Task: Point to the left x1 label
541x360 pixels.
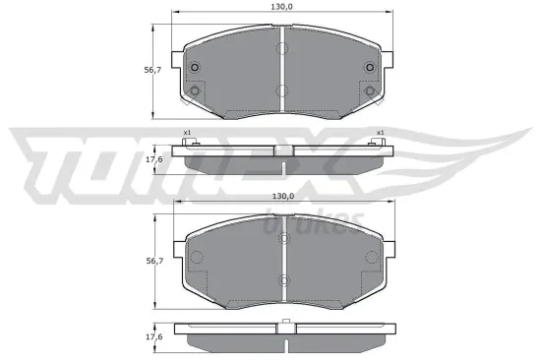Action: coord(187,133)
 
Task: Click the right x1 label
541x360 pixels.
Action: coord(380,133)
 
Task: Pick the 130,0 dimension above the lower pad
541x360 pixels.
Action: coord(283,197)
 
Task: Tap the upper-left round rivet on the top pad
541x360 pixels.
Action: coord(195,67)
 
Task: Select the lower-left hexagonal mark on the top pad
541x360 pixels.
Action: coord(195,91)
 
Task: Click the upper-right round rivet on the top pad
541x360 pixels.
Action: coord(371,67)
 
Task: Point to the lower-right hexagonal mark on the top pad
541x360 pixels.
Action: coord(371,91)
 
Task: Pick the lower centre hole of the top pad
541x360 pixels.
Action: coord(282,91)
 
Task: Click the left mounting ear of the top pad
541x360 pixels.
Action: coord(177,61)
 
